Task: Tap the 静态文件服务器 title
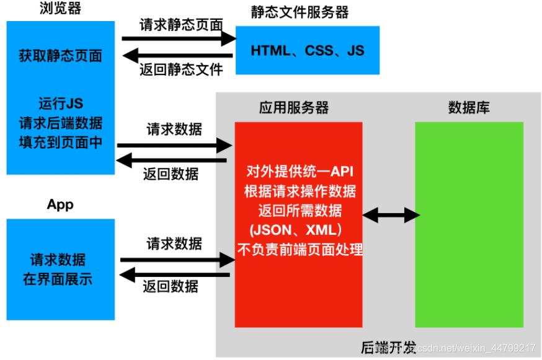[300, 12]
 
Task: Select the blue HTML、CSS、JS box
[308, 50]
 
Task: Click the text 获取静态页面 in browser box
[61, 56]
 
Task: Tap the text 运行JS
[61, 103]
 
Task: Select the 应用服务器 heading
[293, 108]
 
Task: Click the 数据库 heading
[469, 108]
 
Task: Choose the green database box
[469, 224]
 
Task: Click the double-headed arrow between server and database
[391, 215]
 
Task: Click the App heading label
[60, 205]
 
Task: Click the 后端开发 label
[388, 348]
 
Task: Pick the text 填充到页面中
[61, 142]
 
